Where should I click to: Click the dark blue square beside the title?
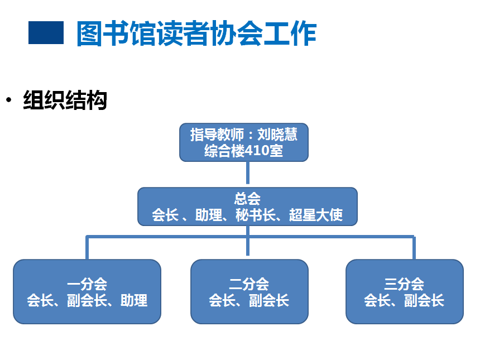(46, 32)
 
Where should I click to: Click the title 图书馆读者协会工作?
(196, 33)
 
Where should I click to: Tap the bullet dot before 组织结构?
(8, 100)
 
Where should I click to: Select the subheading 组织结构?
(65, 100)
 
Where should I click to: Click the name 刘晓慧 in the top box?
(277, 135)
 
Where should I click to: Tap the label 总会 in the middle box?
(247, 199)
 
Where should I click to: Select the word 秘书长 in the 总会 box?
(256, 214)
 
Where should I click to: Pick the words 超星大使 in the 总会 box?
(316, 214)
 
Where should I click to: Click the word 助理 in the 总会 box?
(209, 214)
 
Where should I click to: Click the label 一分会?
(87, 284)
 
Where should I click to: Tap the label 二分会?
(249, 284)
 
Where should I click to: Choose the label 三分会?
(404, 284)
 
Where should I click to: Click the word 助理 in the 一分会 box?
(134, 300)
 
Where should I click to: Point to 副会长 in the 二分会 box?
(269, 300)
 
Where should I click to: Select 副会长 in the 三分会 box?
(424, 300)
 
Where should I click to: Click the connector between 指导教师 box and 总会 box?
(248, 172)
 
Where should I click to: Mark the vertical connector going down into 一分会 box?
(87, 247)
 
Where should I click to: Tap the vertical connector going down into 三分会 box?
(414, 247)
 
